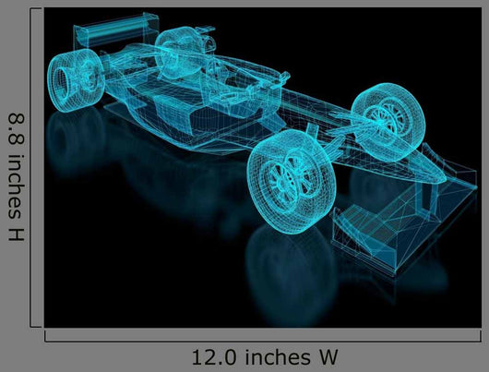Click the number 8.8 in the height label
click(x=16, y=129)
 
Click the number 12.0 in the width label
click(x=214, y=357)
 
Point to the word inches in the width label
click(x=278, y=356)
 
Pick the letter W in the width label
click(x=328, y=357)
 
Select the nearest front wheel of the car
click(x=292, y=182)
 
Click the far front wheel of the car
click(x=388, y=122)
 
